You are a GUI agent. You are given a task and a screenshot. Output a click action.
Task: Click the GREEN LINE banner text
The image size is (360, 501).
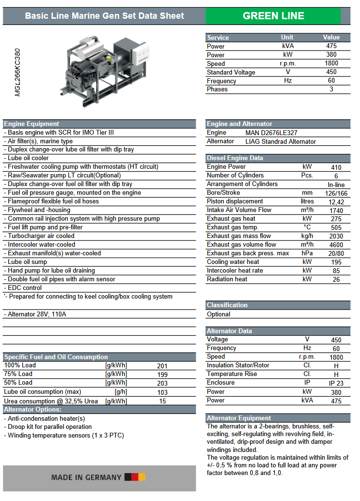click(x=273, y=16)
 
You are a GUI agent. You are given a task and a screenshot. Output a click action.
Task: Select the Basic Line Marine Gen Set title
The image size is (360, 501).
click(x=104, y=16)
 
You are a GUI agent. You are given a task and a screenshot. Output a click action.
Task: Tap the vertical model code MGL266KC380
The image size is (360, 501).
click(x=18, y=72)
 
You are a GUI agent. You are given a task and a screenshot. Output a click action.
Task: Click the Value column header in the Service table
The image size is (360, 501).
click(x=331, y=38)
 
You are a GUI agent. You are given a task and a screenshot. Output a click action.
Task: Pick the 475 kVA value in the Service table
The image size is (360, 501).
click(x=331, y=46)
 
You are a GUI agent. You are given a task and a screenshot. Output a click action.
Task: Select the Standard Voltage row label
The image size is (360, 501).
click(x=231, y=72)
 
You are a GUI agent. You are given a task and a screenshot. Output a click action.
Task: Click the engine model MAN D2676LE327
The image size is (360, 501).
click(x=275, y=133)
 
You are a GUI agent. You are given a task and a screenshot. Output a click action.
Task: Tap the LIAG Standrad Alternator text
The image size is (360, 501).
click(x=281, y=141)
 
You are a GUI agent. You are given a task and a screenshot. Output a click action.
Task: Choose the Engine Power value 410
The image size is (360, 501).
click(x=336, y=167)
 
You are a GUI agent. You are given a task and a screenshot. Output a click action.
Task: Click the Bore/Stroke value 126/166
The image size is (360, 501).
click(x=336, y=193)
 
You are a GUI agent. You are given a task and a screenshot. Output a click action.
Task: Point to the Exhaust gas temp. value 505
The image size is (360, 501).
click(x=336, y=228)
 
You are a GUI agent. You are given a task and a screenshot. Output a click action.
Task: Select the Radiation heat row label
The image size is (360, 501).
click(x=227, y=279)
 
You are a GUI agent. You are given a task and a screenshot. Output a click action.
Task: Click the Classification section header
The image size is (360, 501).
click(x=227, y=305)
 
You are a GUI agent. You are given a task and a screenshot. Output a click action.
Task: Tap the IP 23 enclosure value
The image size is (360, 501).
click(x=336, y=383)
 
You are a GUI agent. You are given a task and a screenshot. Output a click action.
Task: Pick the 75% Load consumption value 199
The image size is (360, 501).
click(x=163, y=375)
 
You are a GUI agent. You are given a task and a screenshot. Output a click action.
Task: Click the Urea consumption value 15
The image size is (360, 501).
click(x=163, y=401)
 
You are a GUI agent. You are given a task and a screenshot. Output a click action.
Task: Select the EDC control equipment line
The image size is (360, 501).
click(x=25, y=288)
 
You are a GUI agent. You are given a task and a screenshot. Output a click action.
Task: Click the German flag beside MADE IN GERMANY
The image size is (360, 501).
click(x=135, y=477)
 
